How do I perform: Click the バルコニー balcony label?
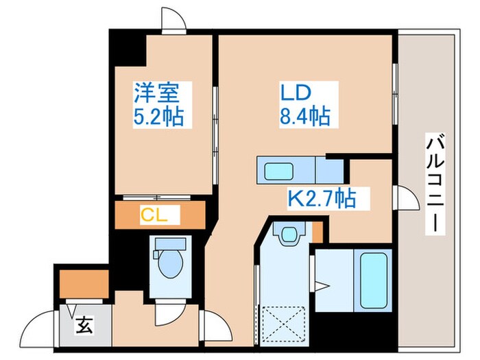click(x=433, y=184)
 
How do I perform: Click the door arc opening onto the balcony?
click(x=407, y=200)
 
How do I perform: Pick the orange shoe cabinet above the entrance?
click(x=84, y=283)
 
